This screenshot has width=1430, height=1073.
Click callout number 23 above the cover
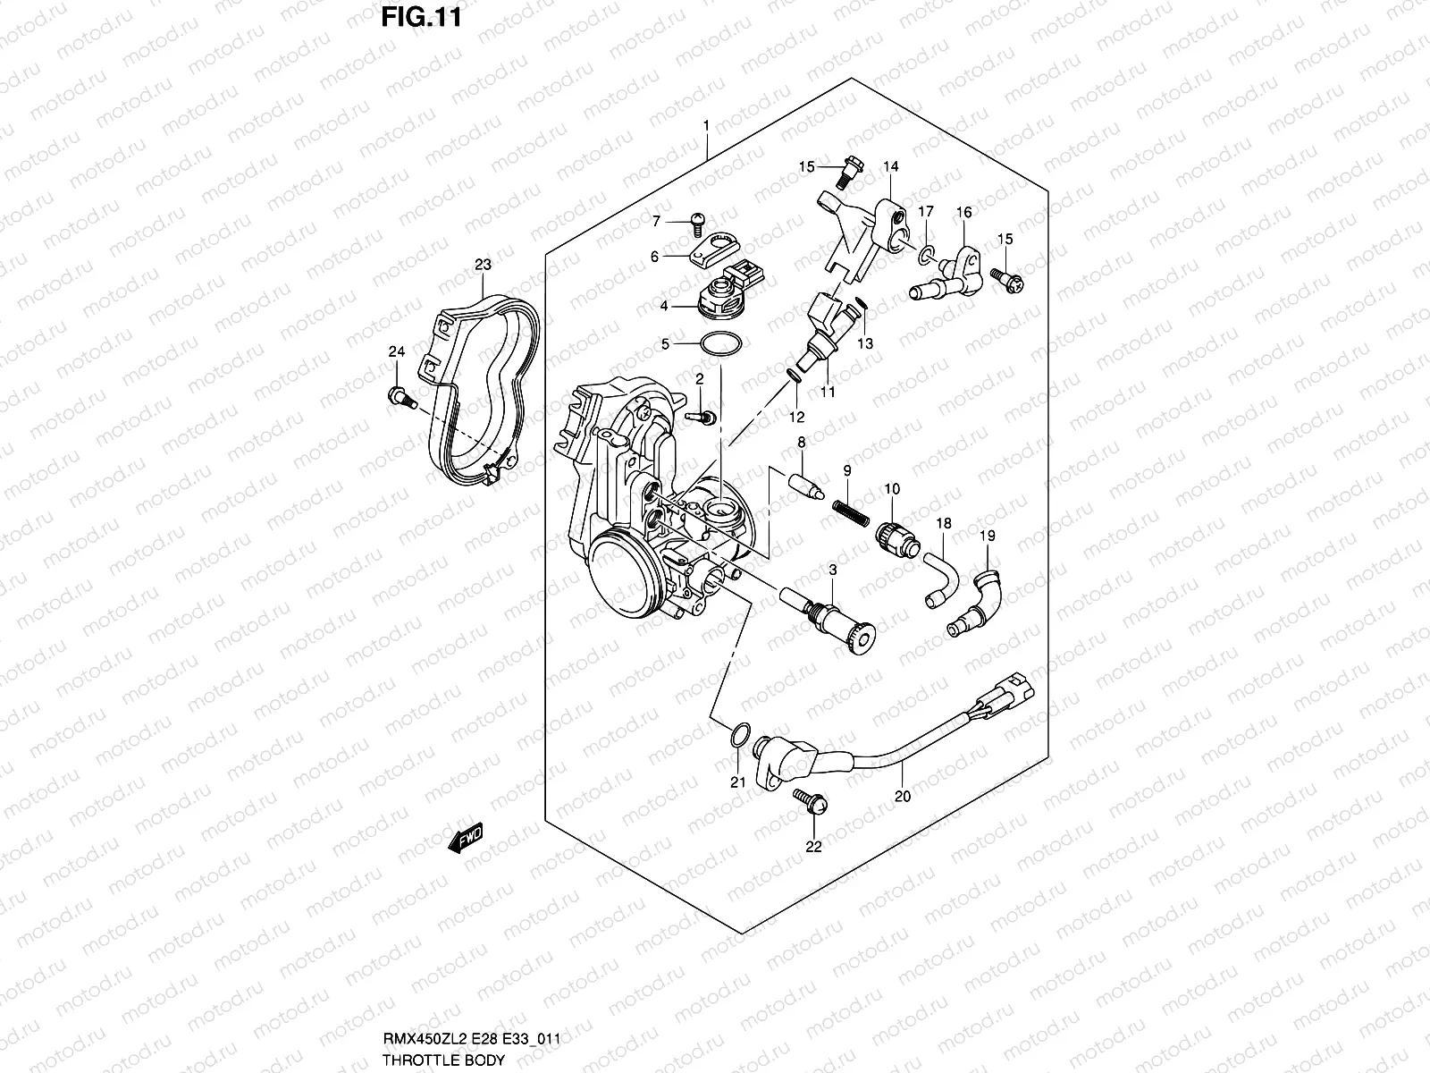tap(483, 265)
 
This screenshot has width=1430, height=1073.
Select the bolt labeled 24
tap(399, 395)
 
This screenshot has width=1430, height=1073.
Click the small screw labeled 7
tap(699, 216)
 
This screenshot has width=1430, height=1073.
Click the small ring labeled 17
tap(926, 257)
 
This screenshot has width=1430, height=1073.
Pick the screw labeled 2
tap(703, 417)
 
